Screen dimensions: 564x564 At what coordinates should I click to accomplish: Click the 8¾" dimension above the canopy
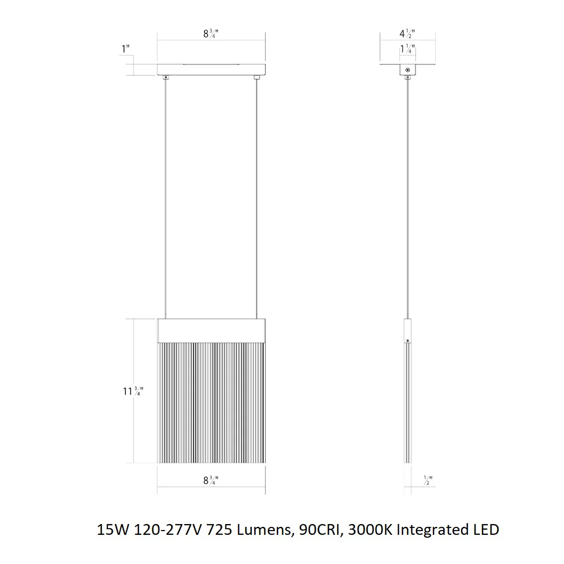pyautogui.click(x=211, y=34)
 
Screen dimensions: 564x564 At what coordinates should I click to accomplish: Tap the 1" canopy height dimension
pyautogui.click(x=125, y=49)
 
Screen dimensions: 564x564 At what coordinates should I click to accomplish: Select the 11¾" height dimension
pyautogui.click(x=133, y=391)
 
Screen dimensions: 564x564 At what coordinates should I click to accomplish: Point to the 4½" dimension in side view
pyautogui.click(x=407, y=34)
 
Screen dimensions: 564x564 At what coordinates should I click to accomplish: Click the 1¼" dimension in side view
pyautogui.click(x=407, y=49)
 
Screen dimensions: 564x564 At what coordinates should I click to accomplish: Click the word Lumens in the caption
pyautogui.click(x=264, y=530)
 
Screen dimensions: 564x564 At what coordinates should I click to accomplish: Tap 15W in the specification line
pyautogui.click(x=113, y=530)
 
